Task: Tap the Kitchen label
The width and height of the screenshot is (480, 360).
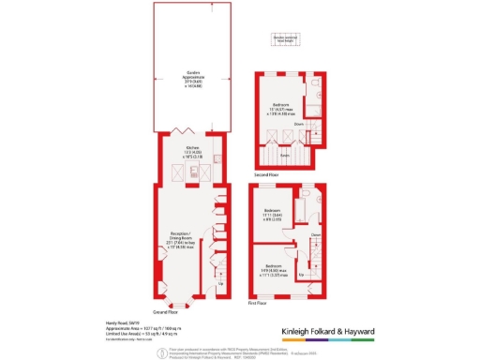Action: [192, 151]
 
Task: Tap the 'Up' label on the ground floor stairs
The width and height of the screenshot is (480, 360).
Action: [220, 282]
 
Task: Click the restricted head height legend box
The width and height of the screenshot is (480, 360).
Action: [284, 39]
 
